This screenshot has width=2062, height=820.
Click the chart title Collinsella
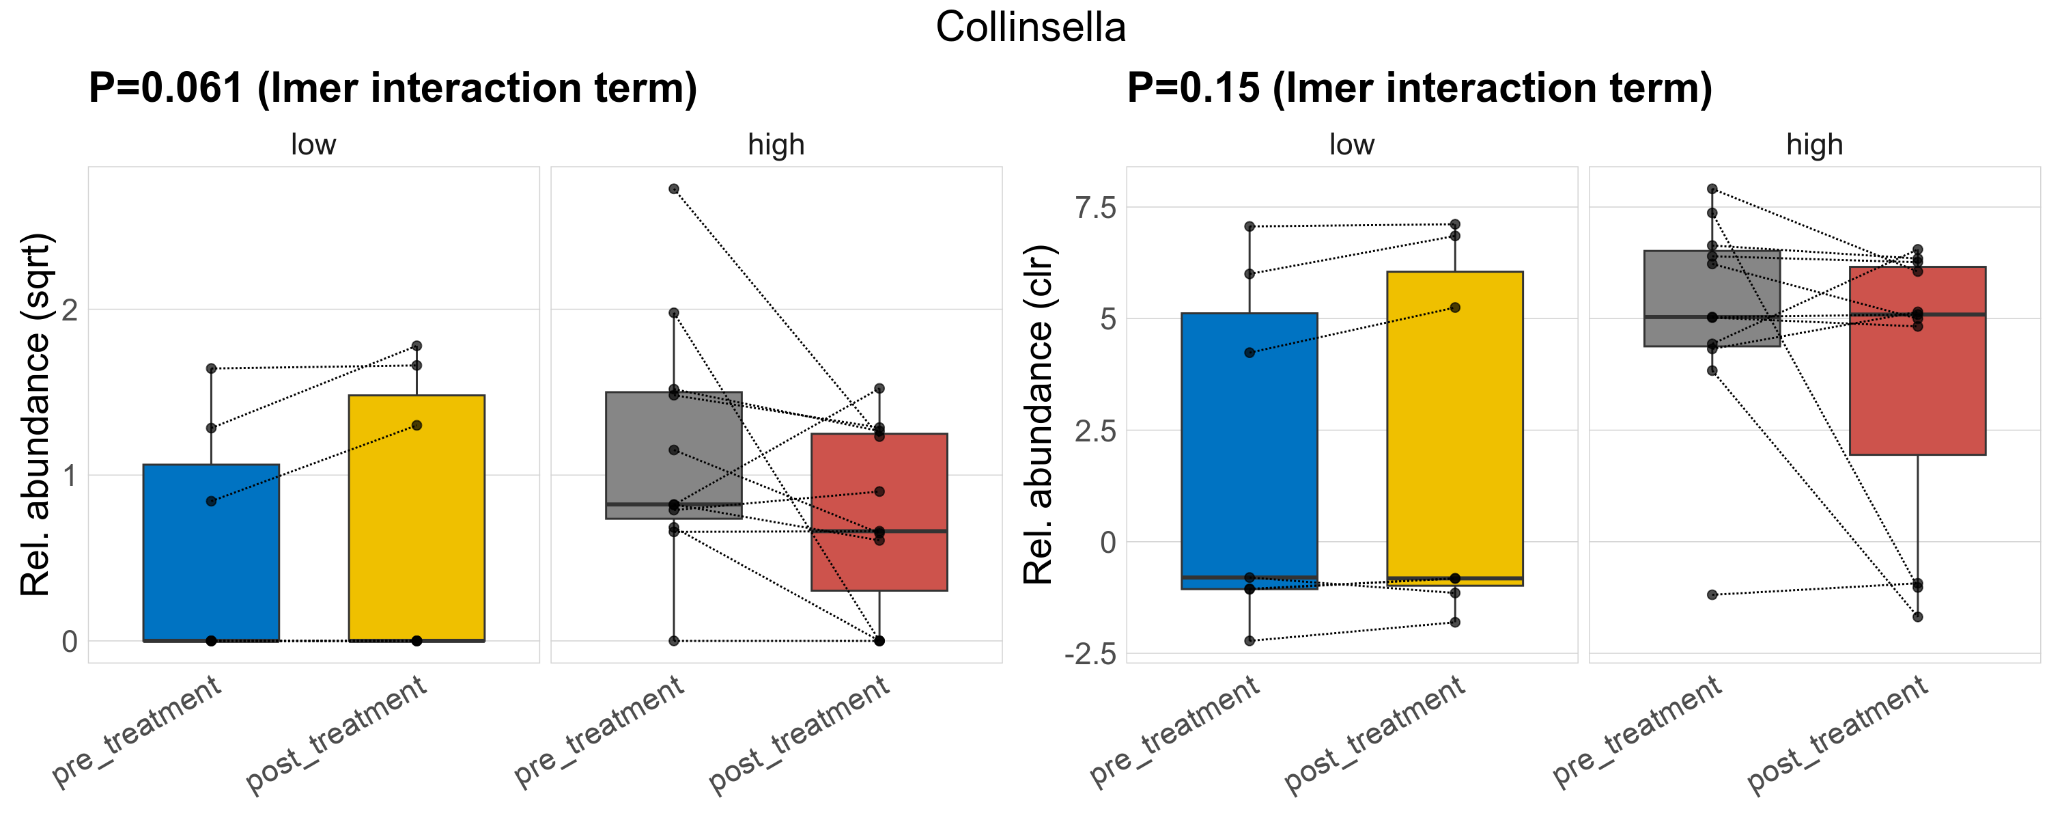pyautogui.click(x=1030, y=27)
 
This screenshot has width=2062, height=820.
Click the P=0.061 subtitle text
pyautogui.click(x=392, y=87)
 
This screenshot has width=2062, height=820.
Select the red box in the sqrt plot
pyautogui.click(x=879, y=560)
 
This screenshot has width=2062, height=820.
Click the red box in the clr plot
pyautogui.click(x=1917, y=384)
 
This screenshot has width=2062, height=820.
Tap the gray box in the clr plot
pyautogui.click(x=1712, y=288)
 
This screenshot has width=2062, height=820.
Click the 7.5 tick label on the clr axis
pyautogui.click(x=1095, y=208)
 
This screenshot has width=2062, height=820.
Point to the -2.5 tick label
pyautogui.click(x=1090, y=654)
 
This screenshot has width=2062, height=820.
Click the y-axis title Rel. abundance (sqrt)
pyautogui.click(x=36, y=415)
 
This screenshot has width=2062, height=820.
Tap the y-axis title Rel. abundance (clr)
pyautogui.click(x=1039, y=415)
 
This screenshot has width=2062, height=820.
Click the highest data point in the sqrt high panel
pyautogui.click(x=674, y=189)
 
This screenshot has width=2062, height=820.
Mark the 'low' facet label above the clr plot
pyautogui.click(x=1351, y=145)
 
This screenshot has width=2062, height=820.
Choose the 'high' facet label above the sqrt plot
pyautogui.click(x=776, y=145)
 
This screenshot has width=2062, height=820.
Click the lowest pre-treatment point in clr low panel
pyautogui.click(x=1249, y=641)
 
